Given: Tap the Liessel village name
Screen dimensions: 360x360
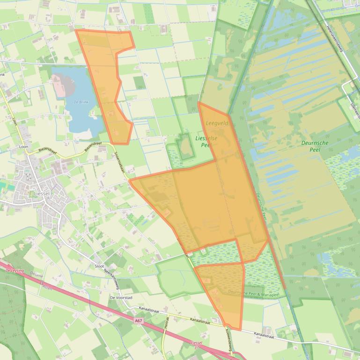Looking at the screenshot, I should point(43,193).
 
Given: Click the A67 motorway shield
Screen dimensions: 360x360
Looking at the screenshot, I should point(138,321).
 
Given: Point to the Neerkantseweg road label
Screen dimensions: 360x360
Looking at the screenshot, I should point(112,279).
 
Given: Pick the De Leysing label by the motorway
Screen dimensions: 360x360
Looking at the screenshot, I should point(14,270).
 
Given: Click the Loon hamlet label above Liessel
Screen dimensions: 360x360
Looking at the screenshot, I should point(23,146).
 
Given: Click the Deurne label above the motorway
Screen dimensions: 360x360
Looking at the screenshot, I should point(36,276).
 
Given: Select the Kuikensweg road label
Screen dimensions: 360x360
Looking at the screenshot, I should point(230,341).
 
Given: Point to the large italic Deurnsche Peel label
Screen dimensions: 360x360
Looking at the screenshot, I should point(315,146).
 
